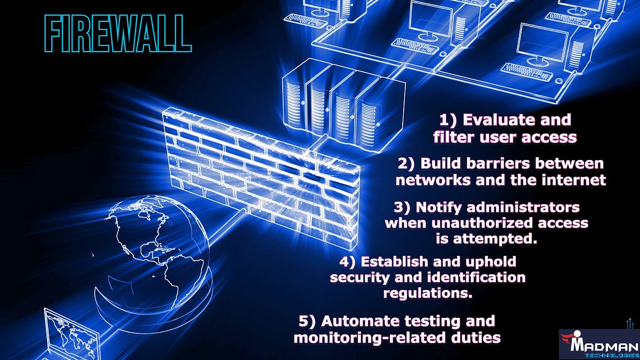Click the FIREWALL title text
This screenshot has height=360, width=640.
(118, 35)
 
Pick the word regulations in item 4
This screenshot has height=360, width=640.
(428, 293)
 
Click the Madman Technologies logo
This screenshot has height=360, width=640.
(599, 343)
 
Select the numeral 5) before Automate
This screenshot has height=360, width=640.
(308, 321)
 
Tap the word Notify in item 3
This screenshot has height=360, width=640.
(442, 206)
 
